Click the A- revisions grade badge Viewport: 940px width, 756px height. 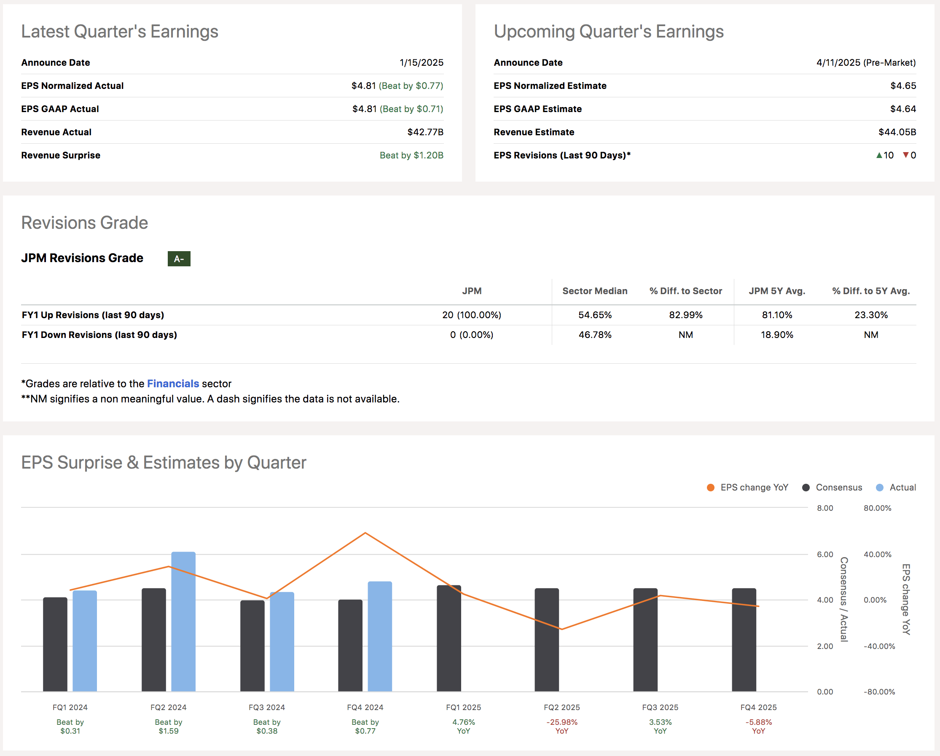pos(179,259)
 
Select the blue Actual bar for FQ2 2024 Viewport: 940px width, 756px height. pos(183,621)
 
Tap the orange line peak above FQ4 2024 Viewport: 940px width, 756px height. pos(365,533)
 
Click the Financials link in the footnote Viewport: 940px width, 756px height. pos(173,383)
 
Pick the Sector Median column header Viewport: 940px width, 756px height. pos(594,291)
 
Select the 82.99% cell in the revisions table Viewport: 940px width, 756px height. pos(685,315)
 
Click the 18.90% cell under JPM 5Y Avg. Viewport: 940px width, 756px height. pos(776,335)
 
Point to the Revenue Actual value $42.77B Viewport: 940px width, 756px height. pos(425,132)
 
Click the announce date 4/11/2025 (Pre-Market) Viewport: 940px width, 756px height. pos(865,62)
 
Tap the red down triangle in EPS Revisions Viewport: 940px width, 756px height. pos(905,155)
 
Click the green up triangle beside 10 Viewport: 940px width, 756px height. pos(879,155)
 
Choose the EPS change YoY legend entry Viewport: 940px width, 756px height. pos(747,488)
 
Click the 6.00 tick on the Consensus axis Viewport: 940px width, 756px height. pos(825,554)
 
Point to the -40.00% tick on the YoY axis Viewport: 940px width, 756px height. pos(878,646)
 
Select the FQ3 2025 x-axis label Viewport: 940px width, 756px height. pos(660,707)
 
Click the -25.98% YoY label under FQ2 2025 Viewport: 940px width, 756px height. pos(561,727)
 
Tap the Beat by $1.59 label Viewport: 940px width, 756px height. pos(168,727)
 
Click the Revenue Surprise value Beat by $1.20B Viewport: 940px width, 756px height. pos(411,155)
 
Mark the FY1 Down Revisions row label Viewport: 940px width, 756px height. pos(99,335)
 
